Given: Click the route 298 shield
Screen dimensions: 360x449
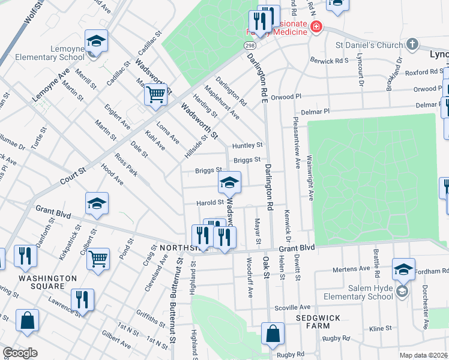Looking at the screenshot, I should coord(250,46).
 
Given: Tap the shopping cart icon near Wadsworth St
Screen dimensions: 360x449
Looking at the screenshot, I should coord(155,94).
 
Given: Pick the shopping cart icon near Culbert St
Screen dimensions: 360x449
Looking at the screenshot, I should coord(98,259).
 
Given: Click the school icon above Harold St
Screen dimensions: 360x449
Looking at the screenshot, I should coord(229,183).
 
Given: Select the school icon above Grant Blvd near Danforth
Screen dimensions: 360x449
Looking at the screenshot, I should coord(97,204).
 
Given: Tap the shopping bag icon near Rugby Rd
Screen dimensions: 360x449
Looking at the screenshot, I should coord(273,334).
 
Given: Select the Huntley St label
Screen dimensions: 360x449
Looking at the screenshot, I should coord(248,145).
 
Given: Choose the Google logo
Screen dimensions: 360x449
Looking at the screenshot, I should coord(20,353).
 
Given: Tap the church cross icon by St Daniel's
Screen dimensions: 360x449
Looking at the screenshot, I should coord(412,44).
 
